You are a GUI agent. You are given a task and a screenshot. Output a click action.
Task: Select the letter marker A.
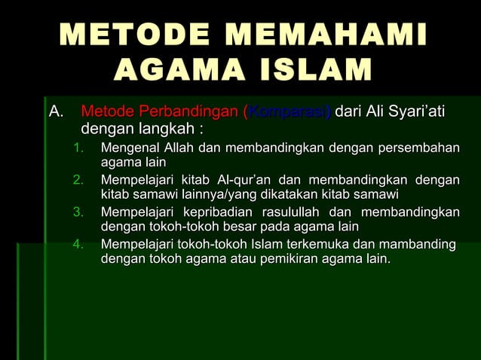tap(56, 113)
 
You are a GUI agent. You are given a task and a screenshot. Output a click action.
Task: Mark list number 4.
tap(78, 244)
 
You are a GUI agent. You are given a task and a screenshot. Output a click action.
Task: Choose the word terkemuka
tap(298, 244)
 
